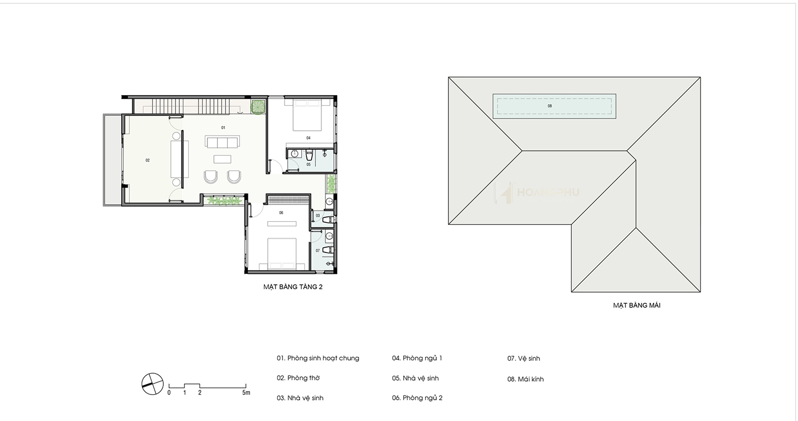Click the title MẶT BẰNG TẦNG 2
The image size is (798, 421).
click(x=293, y=287)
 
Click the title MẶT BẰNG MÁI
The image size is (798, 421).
click(x=637, y=305)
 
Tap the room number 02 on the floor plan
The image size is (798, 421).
click(x=147, y=161)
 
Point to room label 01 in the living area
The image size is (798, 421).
click(x=223, y=128)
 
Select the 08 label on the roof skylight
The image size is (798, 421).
click(x=550, y=106)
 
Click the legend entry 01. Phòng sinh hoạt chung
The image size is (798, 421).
click(x=318, y=358)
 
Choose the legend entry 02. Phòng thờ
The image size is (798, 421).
click(x=298, y=378)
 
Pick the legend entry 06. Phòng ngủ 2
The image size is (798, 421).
click(x=417, y=398)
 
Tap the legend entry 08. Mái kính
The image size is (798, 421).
click(x=526, y=380)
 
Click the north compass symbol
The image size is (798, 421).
click(x=153, y=384)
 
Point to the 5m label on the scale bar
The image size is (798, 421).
click(x=246, y=393)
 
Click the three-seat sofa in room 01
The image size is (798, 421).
click(x=222, y=141)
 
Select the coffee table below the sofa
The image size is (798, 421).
click(x=222, y=159)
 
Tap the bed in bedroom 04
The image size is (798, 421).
click(x=307, y=115)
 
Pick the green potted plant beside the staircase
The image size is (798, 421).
click(x=257, y=107)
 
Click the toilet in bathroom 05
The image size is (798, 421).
click(x=309, y=155)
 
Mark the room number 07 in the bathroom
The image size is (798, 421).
click(x=318, y=251)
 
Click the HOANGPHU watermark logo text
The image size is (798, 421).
click(x=547, y=192)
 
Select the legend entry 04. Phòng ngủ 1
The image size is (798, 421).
click(x=417, y=358)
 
